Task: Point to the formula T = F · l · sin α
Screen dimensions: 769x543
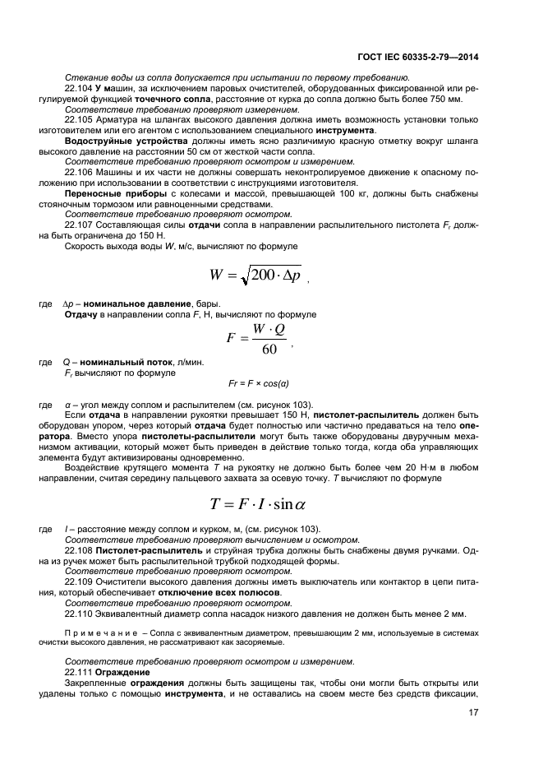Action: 263,503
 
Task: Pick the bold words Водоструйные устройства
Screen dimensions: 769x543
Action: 119,141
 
